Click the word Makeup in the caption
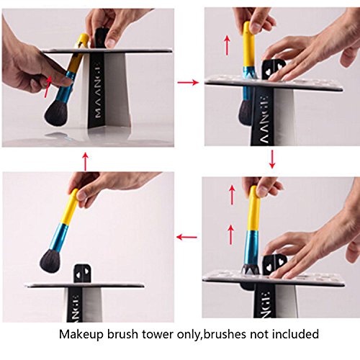[81, 334]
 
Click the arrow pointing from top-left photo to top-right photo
[188, 83]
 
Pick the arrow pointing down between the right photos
[272, 159]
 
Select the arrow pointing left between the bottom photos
[186, 238]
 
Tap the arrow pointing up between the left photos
[86, 161]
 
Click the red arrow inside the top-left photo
[48, 86]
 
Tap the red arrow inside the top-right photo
[227, 45]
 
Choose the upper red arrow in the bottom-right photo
[232, 195]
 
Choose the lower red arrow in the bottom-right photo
[230, 234]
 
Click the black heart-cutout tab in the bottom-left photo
[82, 274]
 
